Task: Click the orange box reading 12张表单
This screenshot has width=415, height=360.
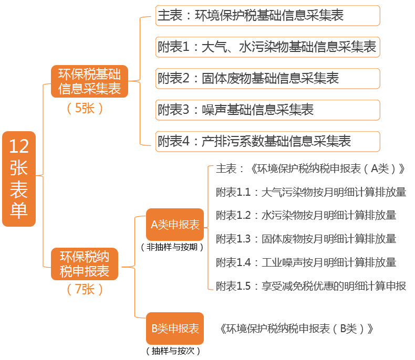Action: click(19, 179)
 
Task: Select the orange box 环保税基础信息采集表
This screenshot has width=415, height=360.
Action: click(89, 81)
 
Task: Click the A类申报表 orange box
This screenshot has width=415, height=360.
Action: click(175, 225)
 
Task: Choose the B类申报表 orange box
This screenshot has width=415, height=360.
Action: click(175, 329)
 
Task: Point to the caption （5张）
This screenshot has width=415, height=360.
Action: click(85, 108)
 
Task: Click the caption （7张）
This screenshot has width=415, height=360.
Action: click(85, 289)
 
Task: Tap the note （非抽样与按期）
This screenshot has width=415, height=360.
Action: click(172, 246)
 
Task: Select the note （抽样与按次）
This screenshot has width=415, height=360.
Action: click(173, 351)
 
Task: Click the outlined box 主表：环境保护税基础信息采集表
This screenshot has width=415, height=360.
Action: click(267, 16)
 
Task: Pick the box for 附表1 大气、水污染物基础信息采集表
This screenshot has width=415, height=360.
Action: click(267, 47)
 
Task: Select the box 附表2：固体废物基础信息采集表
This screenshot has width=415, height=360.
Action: click(267, 79)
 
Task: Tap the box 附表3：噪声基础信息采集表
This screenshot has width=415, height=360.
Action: click(267, 110)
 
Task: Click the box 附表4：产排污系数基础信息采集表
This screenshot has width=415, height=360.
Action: click(267, 141)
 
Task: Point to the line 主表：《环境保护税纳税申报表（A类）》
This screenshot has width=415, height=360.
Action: click(312, 168)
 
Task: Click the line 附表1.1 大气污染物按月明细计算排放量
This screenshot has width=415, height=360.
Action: click(311, 192)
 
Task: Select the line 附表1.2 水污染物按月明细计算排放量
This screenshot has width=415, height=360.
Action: click(306, 215)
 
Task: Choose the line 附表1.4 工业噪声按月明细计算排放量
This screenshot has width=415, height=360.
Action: click(306, 262)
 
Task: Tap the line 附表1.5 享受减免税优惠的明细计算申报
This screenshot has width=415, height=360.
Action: click(311, 286)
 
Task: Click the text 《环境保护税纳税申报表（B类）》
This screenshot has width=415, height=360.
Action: click(297, 329)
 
